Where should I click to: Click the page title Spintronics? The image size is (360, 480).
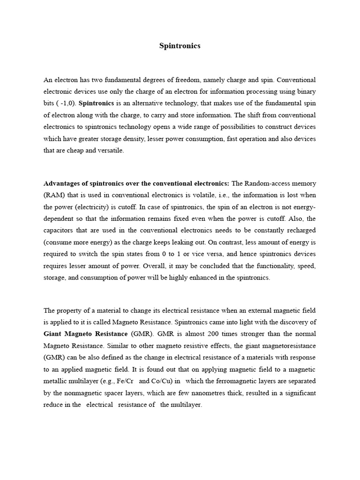pyautogui.click(x=180, y=46)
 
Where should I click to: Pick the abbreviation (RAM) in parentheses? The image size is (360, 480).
pyautogui.click(x=53, y=195)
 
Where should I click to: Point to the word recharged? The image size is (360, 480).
pyautogui.click(x=300, y=231)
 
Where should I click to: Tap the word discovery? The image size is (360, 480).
pyautogui.click(x=296, y=322)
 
